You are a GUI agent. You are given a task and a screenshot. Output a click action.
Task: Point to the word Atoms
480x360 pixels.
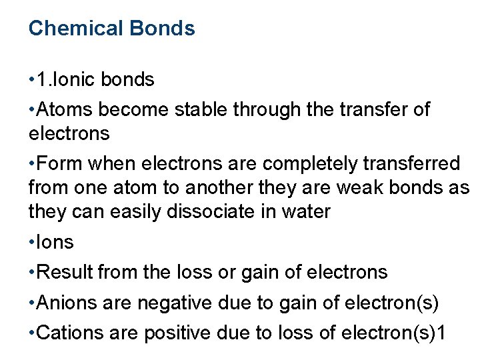pyautogui.click(x=64, y=109)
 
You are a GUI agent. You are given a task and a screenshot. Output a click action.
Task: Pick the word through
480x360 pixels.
pyautogui.click(x=267, y=109)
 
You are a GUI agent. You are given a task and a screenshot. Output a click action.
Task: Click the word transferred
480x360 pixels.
pyautogui.click(x=416, y=164)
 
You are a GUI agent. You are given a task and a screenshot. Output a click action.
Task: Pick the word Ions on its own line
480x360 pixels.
pyautogui.click(x=56, y=243)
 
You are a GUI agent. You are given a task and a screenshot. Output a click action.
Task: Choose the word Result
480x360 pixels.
pyautogui.click(x=65, y=272)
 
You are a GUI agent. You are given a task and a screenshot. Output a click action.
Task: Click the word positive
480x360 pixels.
pyautogui.click(x=175, y=333)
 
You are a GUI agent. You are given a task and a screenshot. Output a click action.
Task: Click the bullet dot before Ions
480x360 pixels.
pyautogui.click(x=32, y=243)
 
